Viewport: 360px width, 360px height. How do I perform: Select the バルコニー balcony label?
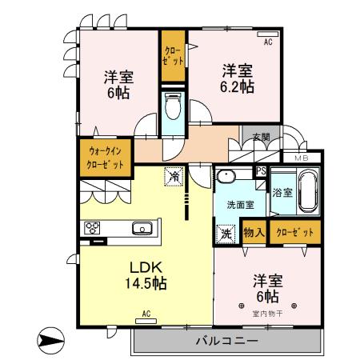coord(226,342)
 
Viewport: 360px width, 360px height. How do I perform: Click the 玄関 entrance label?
coord(261,137)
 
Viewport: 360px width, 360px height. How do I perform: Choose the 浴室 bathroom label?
coord(282,192)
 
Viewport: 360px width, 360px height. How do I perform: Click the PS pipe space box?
coord(261,171)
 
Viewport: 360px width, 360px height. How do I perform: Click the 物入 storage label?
coord(254,232)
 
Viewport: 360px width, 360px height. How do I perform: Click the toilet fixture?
coord(170,107)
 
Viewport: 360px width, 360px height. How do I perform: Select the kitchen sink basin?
coord(143,229)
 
